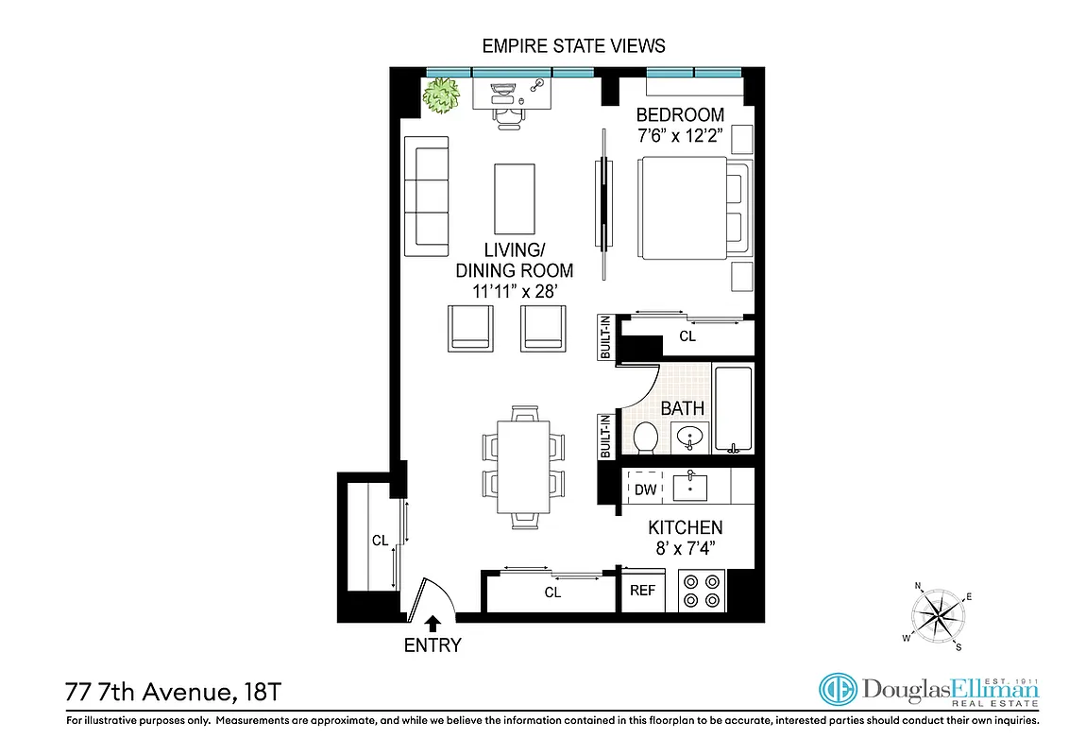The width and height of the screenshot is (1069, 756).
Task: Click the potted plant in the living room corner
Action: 440,96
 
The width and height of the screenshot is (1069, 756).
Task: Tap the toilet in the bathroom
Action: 646,438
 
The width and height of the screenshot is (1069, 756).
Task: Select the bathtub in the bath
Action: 733,409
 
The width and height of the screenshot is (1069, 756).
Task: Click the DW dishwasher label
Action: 645,490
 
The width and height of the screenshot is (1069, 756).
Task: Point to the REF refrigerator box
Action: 643,591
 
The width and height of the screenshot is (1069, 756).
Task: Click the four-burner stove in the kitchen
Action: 702,591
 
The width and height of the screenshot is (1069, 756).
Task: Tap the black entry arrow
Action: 433,623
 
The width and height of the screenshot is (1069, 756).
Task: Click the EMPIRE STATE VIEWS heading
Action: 573,45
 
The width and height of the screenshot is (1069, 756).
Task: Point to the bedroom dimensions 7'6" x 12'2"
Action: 680,135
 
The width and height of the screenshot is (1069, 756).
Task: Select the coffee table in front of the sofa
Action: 516,195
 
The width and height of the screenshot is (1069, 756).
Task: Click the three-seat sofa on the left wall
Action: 426,196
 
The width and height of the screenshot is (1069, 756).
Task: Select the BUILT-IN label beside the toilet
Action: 606,437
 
